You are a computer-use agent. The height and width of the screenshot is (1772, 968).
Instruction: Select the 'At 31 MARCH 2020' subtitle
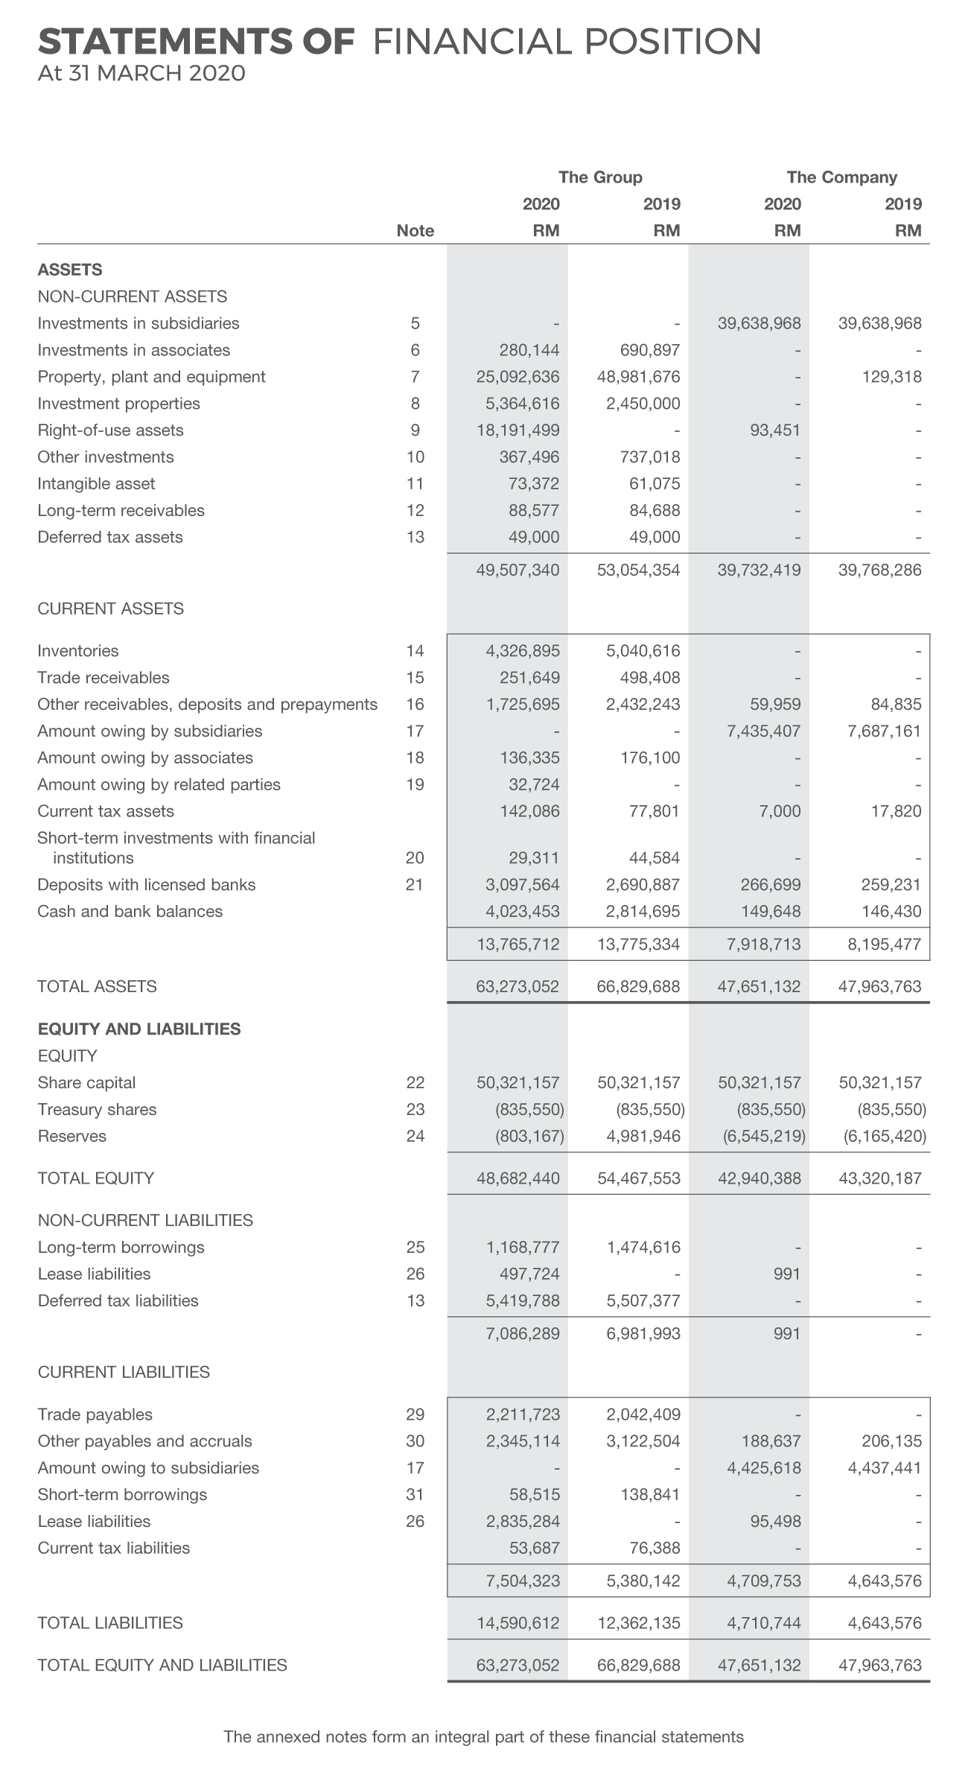coord(141,74)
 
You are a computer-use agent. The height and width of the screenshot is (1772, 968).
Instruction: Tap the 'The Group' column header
coord(600,177)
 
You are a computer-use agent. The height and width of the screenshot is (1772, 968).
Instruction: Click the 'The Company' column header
coord(841,177)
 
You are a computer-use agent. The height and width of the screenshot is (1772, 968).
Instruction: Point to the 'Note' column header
coord(415,231)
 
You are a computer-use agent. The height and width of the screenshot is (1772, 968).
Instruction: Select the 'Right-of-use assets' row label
coord(110,431)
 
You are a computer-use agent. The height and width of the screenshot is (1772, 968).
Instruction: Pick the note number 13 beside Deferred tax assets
coord(415,538)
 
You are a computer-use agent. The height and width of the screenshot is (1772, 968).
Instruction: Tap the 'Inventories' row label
coord(78,651)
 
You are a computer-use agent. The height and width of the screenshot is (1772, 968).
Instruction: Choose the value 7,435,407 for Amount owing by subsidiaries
coord(763,731)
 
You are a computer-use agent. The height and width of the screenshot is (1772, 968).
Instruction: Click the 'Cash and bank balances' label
coord(130,912)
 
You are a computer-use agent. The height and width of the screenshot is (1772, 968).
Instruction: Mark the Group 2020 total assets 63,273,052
coord(518,987)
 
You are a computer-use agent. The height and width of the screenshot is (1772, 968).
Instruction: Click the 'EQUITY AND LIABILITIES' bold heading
coord(139,1029)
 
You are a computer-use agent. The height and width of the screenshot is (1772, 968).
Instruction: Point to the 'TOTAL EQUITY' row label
coord(95,1178)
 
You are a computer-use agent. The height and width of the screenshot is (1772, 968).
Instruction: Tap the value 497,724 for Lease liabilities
coord(529,1274)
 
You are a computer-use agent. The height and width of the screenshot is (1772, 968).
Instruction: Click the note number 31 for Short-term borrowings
coord(415,1495)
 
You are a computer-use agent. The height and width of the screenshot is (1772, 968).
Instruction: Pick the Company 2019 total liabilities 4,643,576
coord(885,1623)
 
